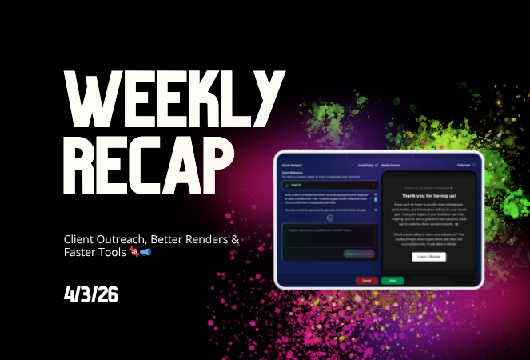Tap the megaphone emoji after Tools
point(145,253)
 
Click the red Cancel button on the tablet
point(367,280)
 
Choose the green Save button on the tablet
point(392,280)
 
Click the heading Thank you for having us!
point(430,196)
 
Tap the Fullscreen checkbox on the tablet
point(472,165)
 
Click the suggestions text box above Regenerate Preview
point(327,238)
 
